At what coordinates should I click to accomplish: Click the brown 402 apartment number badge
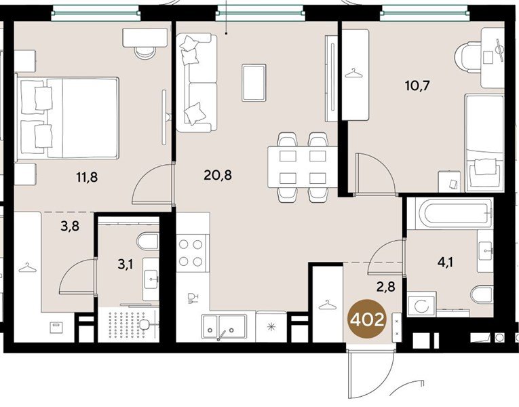pos(367,319)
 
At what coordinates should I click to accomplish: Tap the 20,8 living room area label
pos(218,175)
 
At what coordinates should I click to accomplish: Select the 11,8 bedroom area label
pos(87,177)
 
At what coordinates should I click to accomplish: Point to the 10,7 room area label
pos(417,85)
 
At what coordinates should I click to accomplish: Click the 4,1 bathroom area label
pos(445,263)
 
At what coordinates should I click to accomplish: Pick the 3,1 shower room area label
pos(126,265)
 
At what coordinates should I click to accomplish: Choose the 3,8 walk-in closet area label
pos(70,227)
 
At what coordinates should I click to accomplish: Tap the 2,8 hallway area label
pos(385,286)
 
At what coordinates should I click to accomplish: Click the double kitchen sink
pos(224,326)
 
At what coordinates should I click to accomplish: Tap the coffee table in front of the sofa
pos(254,82)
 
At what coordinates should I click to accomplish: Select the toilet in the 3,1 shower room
pos(149,242)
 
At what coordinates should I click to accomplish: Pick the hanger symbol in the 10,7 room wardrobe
pos(353,73)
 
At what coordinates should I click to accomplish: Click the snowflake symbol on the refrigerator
pos(271,327)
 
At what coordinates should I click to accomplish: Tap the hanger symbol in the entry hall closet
pos(327,305)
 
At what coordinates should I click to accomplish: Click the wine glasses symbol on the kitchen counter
pos(193,298)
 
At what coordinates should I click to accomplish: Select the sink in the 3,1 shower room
pos(151,279)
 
